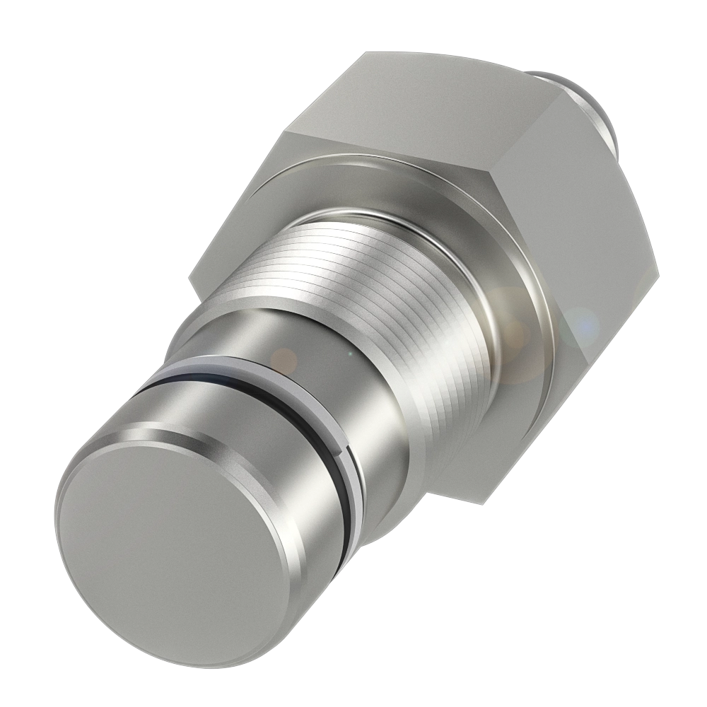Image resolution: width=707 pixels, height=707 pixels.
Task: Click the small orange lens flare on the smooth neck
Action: point(284,360)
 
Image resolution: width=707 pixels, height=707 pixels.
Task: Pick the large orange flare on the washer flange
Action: point(513,332)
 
